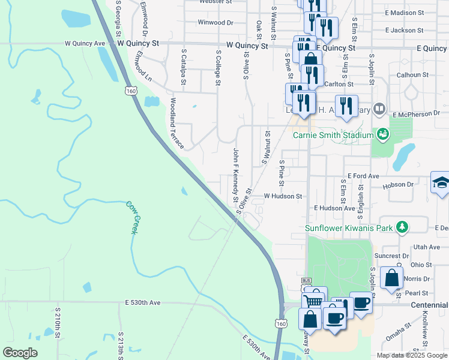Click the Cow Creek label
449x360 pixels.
(132, 217)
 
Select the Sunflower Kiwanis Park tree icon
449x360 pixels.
(402, 227)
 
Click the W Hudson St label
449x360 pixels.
(283, 196)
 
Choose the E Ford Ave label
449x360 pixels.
(366, 176)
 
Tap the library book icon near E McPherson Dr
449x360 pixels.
(379, 109)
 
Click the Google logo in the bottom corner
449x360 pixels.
(20, 353)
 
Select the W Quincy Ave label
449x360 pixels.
(85, 43)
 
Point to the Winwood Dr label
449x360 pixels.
(215, 23)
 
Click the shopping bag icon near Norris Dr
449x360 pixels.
(391, 278)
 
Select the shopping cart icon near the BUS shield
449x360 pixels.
(313, 301)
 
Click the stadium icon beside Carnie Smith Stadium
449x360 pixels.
(382, 134)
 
